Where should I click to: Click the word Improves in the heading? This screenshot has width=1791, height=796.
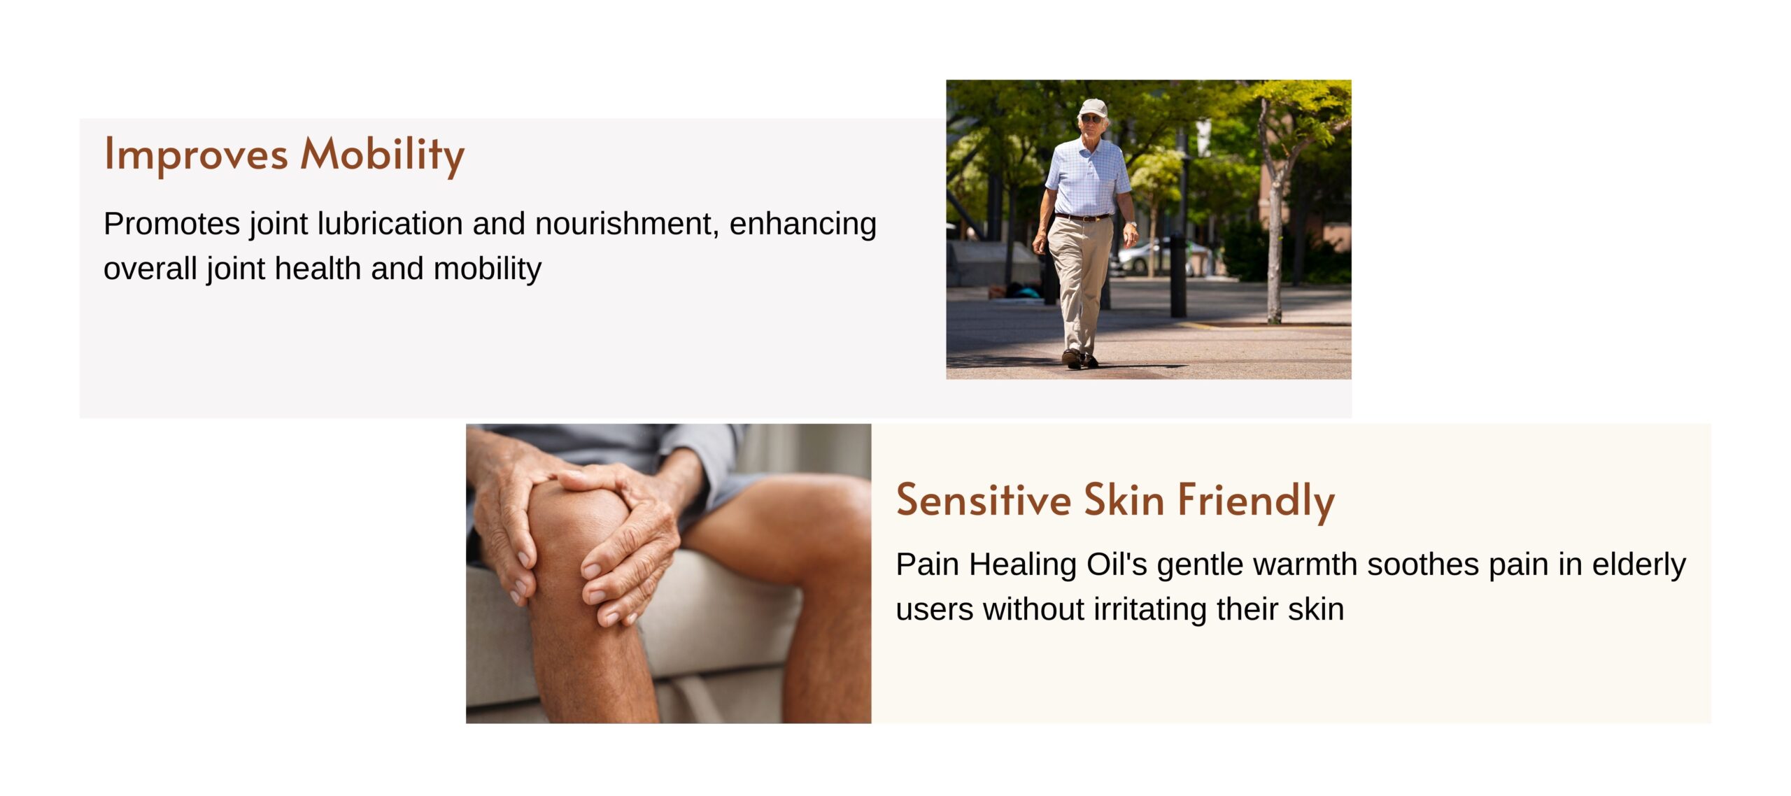tap(196, 155)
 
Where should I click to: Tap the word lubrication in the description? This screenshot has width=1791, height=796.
tap(390, 224)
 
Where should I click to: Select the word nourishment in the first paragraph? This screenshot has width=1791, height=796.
tap(627, 225)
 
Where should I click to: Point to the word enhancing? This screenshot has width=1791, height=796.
tap(802, 225)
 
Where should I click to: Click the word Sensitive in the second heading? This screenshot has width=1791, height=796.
tap(984, 500)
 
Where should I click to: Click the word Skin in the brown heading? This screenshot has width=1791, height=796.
tap(1124, 500)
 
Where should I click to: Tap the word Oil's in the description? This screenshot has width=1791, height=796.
tap(1117, 564)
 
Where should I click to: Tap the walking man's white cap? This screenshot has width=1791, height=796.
tap(1093, 108)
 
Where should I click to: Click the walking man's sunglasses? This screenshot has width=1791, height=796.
tap(1091, 119)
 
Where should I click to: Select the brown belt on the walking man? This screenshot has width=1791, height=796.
tap(1082, 218)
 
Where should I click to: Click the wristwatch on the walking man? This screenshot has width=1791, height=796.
tap(1130, 225)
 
